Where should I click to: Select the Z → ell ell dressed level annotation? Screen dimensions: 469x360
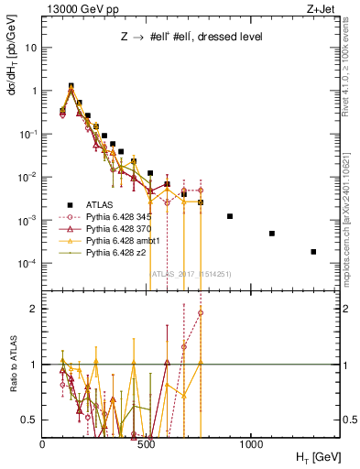tap(190, 37)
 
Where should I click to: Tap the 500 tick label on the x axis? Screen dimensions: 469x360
tap(147, 444)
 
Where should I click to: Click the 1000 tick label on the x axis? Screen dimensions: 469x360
tap(252, 444)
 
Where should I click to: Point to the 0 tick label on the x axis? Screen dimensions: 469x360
tap(43, 444)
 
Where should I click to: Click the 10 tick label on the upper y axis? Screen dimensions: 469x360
tap(30, 48)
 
